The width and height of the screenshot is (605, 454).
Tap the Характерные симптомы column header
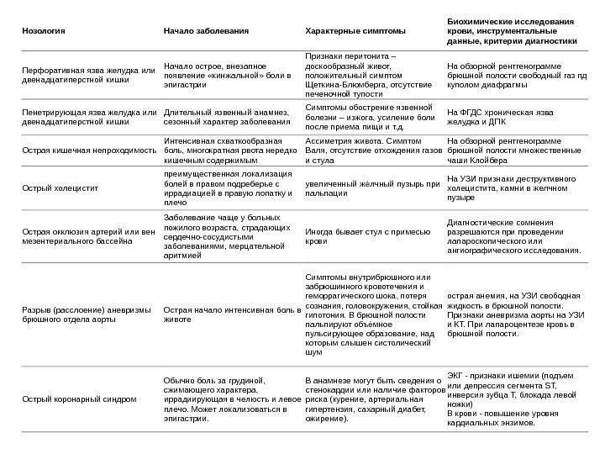(x=354, y=30)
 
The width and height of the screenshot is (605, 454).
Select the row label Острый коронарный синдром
(x=77, y=398)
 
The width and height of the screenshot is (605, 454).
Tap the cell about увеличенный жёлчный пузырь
(x=373, y=187)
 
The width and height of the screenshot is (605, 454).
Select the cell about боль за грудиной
(x=230, y=398)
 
